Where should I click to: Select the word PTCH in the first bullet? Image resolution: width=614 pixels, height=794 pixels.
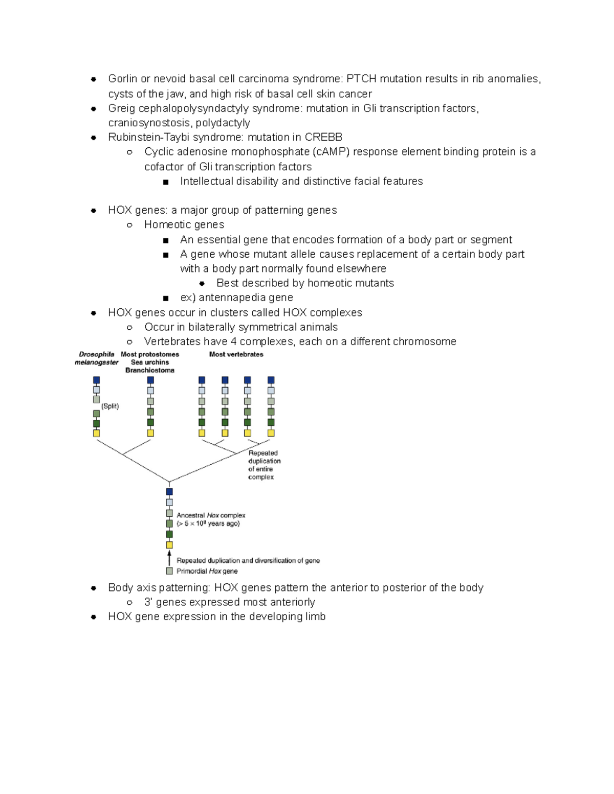pos(361,79)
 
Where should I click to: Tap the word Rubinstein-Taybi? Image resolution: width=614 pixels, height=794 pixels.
pos(149,137)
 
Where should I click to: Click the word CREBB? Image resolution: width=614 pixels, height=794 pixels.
pos(323,137)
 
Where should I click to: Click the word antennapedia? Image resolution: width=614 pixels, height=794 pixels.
pos(232,298)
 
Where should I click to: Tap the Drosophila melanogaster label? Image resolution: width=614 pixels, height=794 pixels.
pos(96,358)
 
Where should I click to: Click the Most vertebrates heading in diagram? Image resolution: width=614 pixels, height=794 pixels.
pos(236,354)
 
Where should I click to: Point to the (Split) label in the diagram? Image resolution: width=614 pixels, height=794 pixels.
pos(110,406)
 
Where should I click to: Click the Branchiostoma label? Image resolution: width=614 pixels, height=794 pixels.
pos(149,370)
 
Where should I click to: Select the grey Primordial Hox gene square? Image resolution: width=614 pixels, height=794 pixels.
pos(169,571)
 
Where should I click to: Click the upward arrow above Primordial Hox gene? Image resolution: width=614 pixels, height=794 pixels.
pos(169,558)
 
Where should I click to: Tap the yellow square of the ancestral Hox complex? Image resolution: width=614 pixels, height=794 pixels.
pos(169,545)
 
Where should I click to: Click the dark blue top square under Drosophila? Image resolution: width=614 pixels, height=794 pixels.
pos(96,380)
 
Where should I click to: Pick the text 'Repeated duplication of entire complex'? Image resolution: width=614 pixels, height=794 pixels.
pos(264,465)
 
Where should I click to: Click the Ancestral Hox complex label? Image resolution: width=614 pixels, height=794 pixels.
pos(211,515)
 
